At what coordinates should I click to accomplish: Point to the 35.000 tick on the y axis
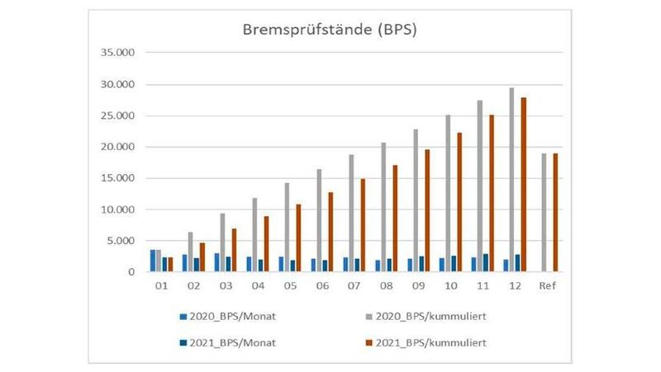[x=118, y=54]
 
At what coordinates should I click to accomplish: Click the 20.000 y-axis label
[x=118, y=147]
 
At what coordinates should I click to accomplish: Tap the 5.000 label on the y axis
[x=121, y=241]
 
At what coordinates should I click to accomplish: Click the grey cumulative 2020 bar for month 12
[x=511, y=180]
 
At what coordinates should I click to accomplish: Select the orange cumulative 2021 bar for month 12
[x=524, y=185]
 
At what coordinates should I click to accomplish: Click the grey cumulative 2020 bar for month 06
[x=319, y=220]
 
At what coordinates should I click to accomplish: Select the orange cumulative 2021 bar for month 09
[x=427, y=210]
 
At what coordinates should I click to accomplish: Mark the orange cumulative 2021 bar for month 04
[x=267, y=244]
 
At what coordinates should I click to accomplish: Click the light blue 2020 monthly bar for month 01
[x=153, y=261]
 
